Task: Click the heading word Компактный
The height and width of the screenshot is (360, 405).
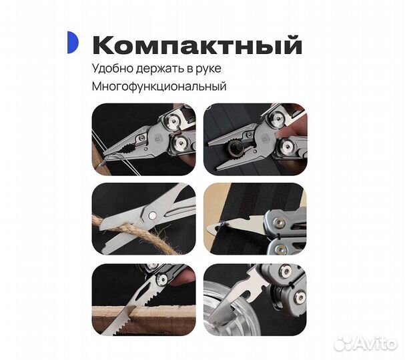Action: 197,46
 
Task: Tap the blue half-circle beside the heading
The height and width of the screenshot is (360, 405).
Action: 73,42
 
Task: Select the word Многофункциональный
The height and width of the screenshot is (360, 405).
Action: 159,87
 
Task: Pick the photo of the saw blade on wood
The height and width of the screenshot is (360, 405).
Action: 144,296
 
